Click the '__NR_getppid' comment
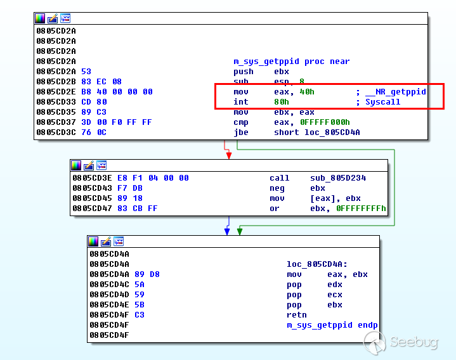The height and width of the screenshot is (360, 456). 396,92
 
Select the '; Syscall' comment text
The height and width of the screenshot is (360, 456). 378,102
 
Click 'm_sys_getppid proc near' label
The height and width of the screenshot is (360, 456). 291,61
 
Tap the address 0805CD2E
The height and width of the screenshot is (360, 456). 56,92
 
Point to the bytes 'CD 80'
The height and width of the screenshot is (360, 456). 91,102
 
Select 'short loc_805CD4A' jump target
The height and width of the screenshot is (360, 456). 311,132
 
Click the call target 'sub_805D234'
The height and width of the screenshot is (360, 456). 337,178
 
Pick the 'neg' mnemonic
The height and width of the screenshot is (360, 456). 277,188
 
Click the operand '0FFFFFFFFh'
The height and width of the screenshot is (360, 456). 361,209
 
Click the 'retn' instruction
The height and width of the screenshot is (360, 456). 296,315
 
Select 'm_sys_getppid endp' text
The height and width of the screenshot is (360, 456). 332,325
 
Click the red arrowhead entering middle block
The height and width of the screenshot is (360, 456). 228,155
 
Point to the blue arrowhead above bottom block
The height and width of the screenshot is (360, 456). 227,231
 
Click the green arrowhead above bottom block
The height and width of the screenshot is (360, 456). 240,231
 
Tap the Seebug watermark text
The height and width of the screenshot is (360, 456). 414,343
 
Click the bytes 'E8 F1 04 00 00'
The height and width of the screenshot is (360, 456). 153,178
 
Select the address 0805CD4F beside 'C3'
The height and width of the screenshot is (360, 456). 109,315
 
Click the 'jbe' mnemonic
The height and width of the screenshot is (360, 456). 241,132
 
